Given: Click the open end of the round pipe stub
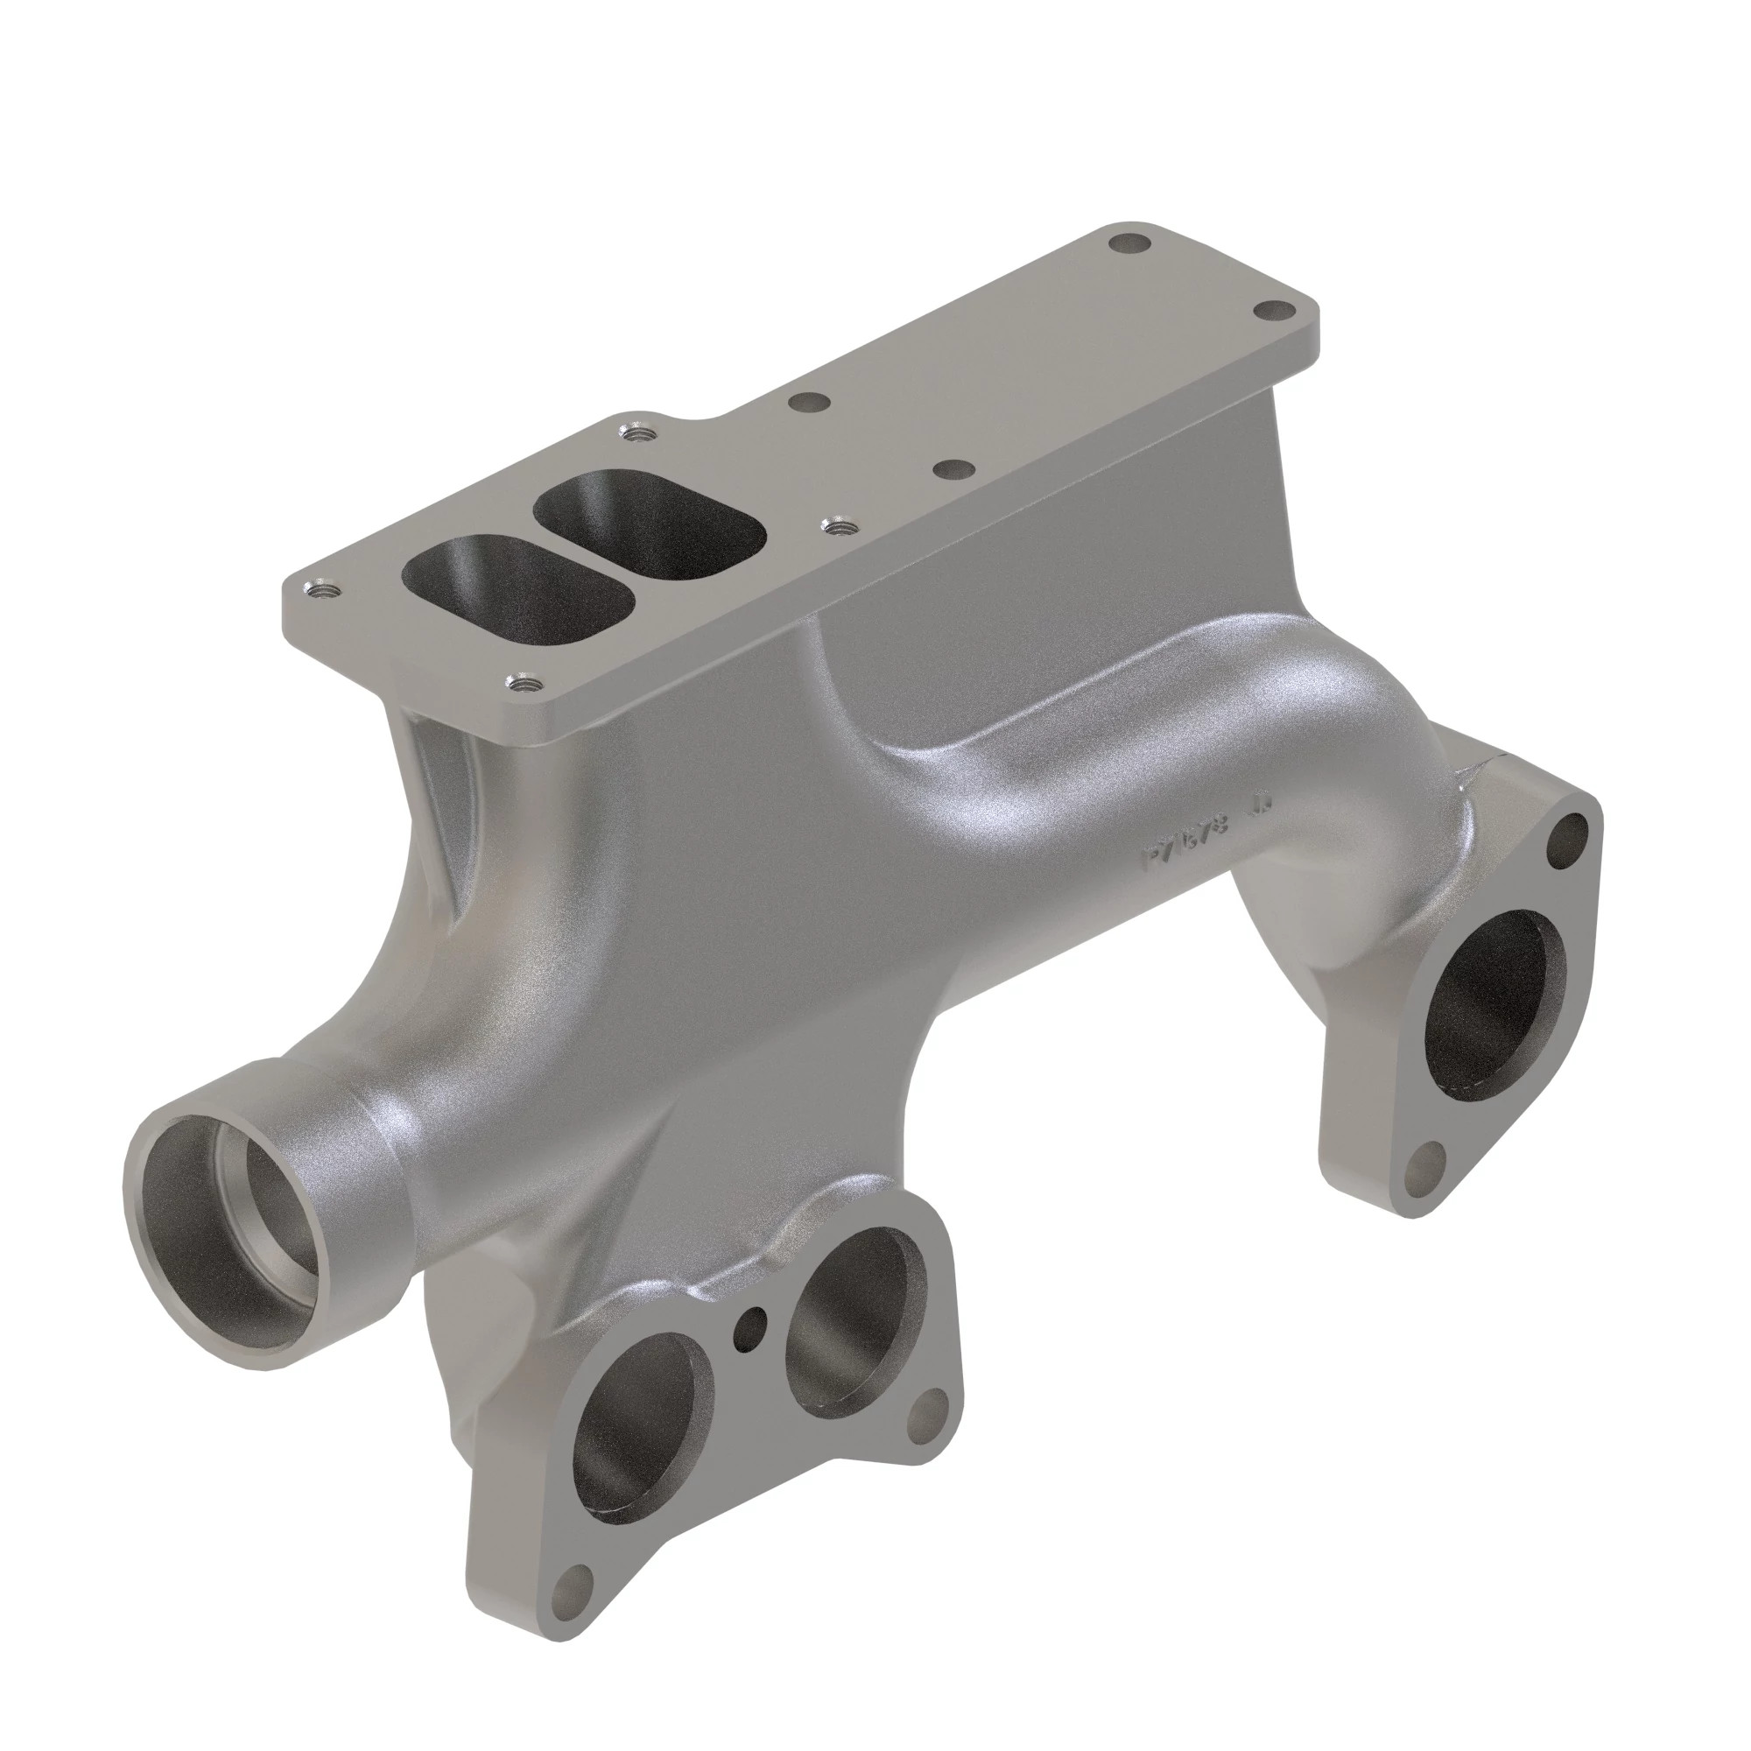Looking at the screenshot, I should click(232, 1206).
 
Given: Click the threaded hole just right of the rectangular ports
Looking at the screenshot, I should click(836, 524).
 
